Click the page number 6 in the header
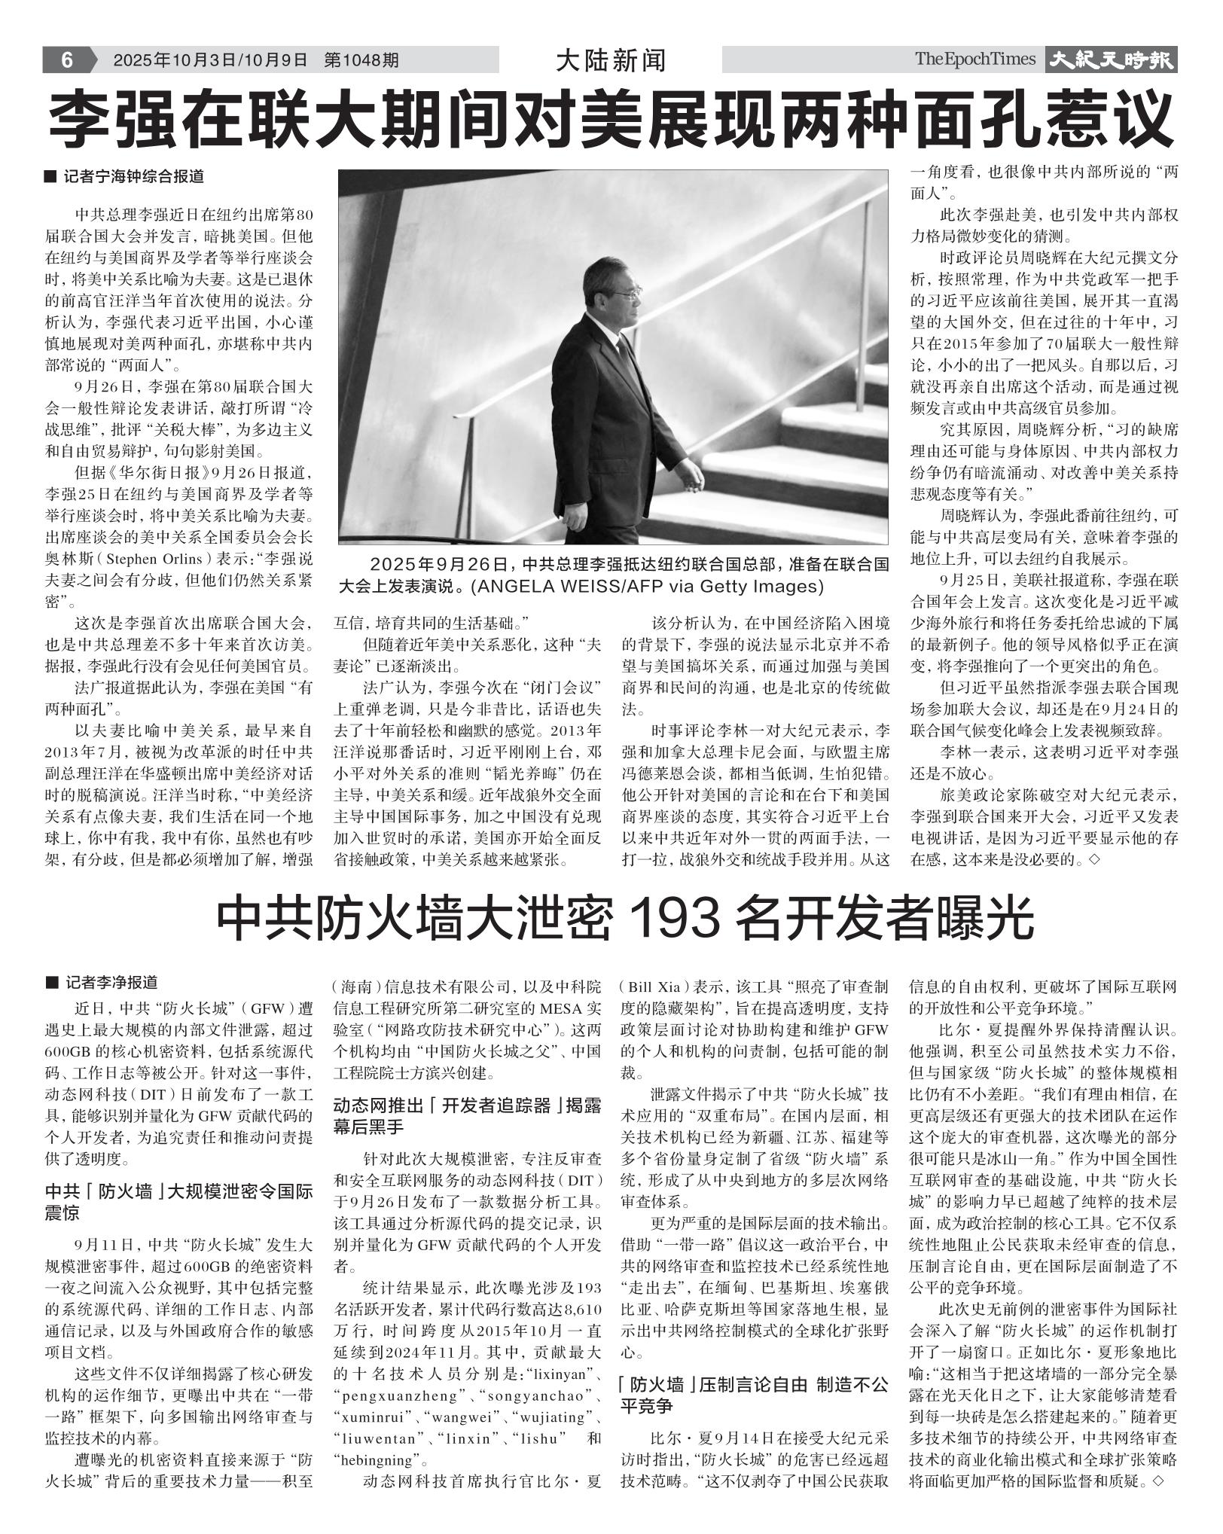[66, 59]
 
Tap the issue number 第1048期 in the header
[361, 60]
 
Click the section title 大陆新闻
[610, 60]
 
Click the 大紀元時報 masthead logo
[1112, 60]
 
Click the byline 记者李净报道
[111, 982]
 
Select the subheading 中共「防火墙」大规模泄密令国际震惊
[178, 1203]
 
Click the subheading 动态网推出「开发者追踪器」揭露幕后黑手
[467, 1116]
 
